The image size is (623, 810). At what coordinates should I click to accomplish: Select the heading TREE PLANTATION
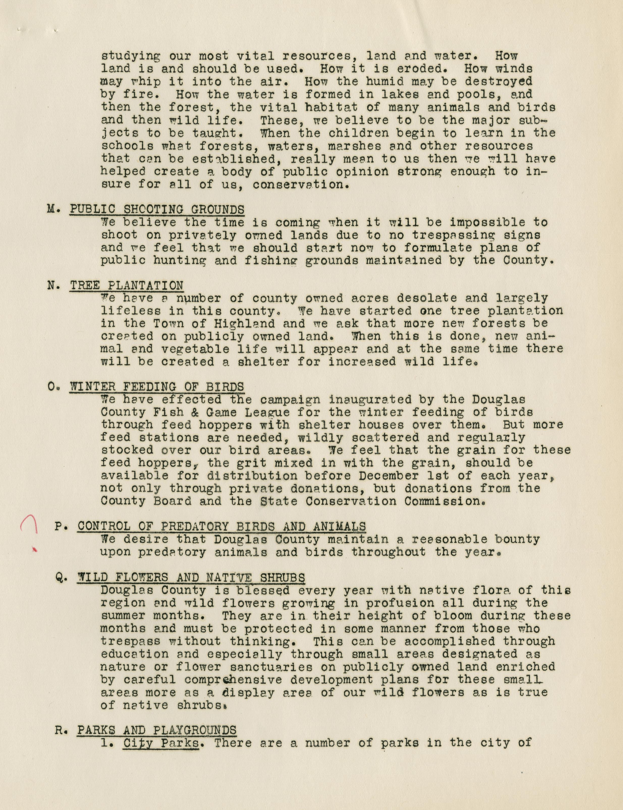tap(126, 285)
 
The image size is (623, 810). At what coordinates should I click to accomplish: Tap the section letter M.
tap(51, 209)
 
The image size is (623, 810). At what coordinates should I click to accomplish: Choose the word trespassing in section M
tap(455, 235)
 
